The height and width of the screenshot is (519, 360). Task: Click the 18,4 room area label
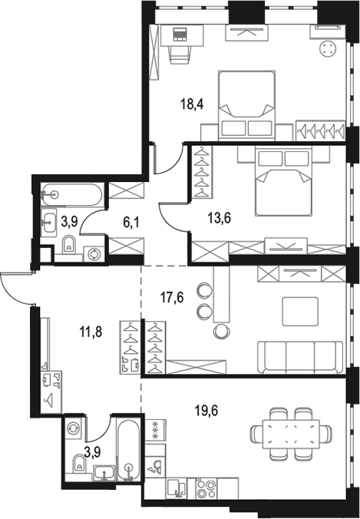coord(192,104)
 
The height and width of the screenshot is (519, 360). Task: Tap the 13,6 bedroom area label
coord(220,218)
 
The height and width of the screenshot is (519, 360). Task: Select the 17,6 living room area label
coord(172,297)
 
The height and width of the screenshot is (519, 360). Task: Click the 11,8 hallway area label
coord(91,331)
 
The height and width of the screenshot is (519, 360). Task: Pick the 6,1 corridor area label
coord(131,223)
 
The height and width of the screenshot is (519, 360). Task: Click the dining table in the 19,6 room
coord(291,434)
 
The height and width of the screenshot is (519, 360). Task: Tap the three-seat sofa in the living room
coord(300,358)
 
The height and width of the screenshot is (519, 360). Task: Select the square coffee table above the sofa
coord(300,311)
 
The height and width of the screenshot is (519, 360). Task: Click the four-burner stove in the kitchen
coord(206,488)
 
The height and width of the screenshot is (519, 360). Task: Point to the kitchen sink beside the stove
coord(177,488)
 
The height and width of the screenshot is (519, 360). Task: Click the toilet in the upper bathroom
coord(69,244)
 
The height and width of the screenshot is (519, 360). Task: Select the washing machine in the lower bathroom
coord(73,428)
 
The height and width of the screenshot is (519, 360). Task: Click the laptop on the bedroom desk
coord(180,35)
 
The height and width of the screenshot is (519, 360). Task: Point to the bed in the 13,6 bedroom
coord(283,183)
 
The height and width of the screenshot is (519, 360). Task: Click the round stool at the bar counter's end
coord(221,331)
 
